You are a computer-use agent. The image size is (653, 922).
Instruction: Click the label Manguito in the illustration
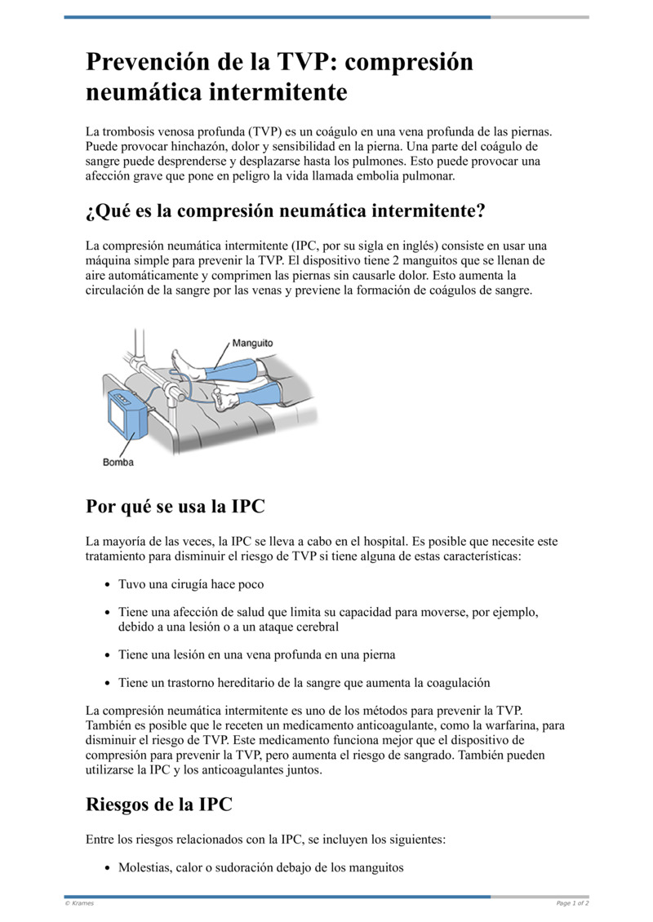click(x=252, y=344)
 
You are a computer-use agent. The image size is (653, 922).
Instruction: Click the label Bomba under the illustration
click(x=118, y=463)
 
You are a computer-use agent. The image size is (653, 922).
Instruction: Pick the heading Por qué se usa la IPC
click(x=175, y=506)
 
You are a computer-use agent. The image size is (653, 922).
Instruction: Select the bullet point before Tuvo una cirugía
click(x=109, y=585)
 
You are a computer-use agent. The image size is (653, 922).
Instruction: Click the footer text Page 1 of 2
click(x=572, y=903)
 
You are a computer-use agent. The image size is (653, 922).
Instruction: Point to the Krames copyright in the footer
click(x=79, y=903)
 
